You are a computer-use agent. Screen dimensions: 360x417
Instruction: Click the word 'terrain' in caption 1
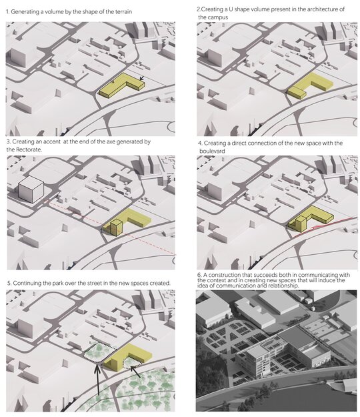(123, 12)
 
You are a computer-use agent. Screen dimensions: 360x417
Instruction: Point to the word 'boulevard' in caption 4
(212, 151)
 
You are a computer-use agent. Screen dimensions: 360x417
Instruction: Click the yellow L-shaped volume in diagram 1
(122, 85)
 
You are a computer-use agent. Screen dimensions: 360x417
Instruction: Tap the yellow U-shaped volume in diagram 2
(310, 85)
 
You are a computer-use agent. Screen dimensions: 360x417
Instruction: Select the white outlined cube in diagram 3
(31, 189)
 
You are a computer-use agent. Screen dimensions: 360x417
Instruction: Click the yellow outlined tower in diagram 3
(117, 228)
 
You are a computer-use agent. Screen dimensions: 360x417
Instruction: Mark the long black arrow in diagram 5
(98, 380)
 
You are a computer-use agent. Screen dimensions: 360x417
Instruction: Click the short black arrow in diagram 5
(135, 372)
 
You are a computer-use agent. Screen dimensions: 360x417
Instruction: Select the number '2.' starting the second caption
(199, 9)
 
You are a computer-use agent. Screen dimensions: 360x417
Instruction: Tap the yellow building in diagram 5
(127, 357)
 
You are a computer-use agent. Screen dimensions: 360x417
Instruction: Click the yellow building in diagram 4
(310, 219)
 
